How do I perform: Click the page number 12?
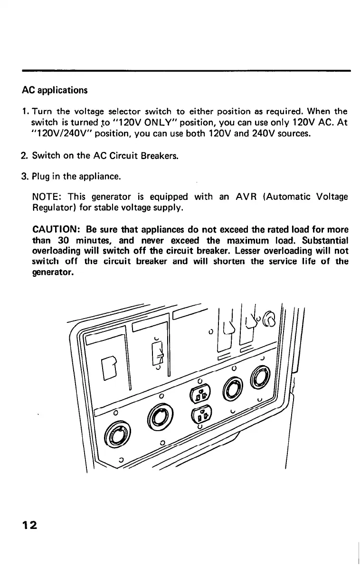32,526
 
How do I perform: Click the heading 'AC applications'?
55,90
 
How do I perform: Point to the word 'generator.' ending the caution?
52,272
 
